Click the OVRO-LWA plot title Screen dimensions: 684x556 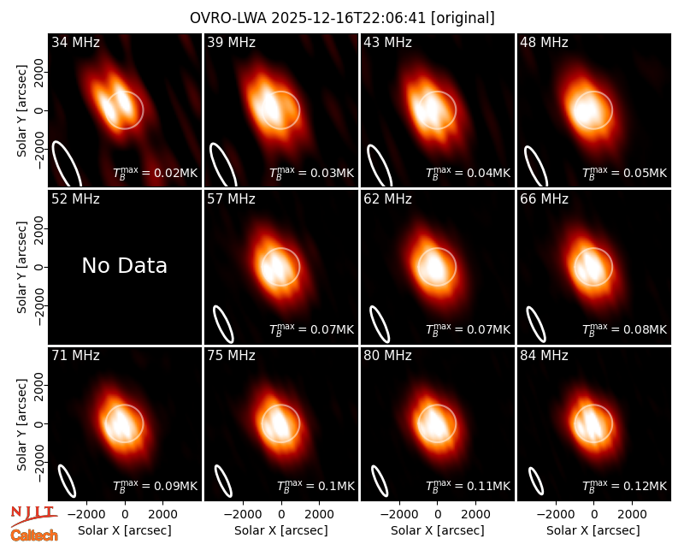(343, 18)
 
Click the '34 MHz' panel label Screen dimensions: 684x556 (75, 42)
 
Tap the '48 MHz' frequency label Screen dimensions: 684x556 (544, 42)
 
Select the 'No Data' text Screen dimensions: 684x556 (124, 265)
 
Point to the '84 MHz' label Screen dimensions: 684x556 (544, 356)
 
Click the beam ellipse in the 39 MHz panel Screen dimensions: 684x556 (223, 165)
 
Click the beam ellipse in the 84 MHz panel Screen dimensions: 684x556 (536, 481)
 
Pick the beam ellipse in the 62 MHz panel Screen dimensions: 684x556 (380, 324)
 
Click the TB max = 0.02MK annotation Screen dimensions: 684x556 (156, 173)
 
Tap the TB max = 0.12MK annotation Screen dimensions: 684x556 (625, 486)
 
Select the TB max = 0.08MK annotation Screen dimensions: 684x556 (625, 329)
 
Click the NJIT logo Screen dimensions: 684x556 (34, 516)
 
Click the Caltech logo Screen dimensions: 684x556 (34, 535)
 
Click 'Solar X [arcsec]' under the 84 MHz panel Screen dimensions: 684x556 (593, 530)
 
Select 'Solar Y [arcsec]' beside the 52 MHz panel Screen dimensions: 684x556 (21, 267)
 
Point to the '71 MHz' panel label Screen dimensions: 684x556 (75, 356)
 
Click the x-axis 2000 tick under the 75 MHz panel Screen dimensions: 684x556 (319, 514)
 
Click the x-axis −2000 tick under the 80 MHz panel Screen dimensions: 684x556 (398, 514)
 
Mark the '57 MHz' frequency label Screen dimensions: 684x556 (231, 199)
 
